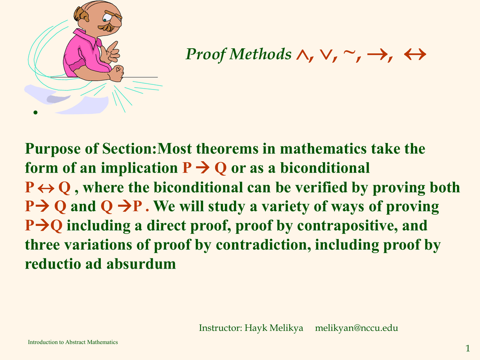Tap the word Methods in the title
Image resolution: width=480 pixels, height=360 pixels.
pos(261,54)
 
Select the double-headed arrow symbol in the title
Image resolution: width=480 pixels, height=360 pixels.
pos(415,54)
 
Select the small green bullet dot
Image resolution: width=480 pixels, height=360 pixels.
pos(36,112)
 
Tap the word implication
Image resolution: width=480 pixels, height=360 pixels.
pos(139,168)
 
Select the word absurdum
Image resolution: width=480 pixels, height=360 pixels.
pos(141,263)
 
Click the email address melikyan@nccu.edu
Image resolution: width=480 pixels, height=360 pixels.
pos(357,328)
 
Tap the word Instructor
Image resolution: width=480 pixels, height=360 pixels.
pos(220,328)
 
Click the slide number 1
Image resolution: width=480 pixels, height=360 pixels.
pos(468,348)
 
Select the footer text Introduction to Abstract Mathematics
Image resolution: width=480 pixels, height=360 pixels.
pos(73,342)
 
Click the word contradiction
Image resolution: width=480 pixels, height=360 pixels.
pos(263,245)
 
